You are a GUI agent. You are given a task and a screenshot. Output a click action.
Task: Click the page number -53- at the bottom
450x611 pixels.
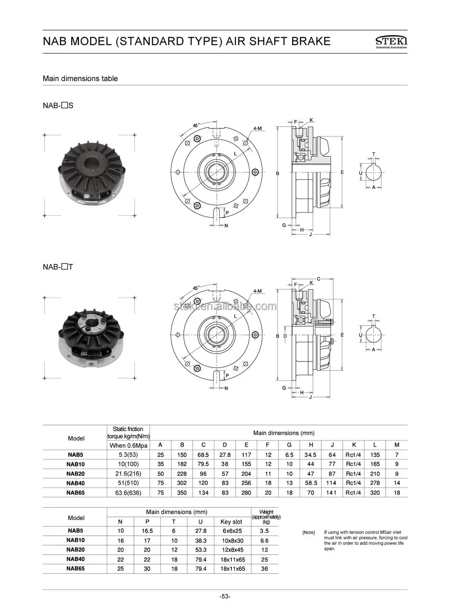(x=225, y=597)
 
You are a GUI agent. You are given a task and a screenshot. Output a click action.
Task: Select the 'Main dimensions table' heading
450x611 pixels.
(x=80, y=78)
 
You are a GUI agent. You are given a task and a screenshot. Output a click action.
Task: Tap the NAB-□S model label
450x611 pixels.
(x=58, y=106)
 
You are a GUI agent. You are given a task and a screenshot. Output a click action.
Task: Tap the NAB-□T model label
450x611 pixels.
(x=58, y=267)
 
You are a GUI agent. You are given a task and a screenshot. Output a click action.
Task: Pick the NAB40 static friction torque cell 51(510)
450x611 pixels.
(x=128, y=483)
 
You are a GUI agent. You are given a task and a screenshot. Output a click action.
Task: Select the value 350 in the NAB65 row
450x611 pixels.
(x=182, y=493)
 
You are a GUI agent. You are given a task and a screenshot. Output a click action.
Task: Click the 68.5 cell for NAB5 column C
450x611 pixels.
(x=203, y=455)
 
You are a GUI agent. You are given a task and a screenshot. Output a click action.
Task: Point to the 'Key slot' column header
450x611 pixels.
(x=231, y=521)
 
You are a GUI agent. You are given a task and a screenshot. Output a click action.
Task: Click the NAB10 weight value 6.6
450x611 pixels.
(x=264, y=540)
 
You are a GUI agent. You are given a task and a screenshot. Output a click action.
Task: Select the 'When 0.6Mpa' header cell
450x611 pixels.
(x=128, y=445)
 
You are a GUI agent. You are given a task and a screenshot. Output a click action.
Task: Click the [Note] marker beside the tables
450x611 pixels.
(x=309, y=533)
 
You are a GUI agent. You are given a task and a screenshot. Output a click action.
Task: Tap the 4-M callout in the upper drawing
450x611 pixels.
(x=257, y=129)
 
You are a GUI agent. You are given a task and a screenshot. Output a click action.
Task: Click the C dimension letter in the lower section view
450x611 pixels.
(x=318, y=279)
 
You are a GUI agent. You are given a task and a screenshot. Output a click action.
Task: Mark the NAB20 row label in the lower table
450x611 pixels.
(x=75, y=550)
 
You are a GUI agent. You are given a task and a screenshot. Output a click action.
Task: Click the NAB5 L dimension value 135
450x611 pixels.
(x=375, y=455)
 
